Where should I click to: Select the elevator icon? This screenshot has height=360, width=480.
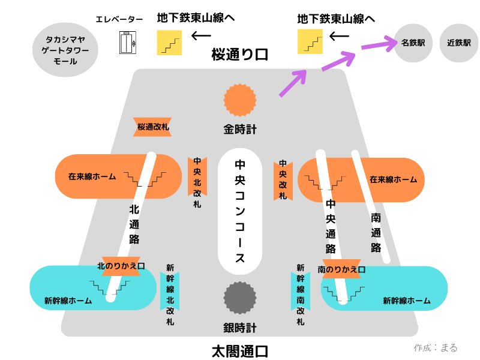[127, 43]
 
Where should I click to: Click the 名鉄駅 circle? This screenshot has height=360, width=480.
[413, 43]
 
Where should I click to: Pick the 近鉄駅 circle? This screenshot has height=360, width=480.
[459, 43]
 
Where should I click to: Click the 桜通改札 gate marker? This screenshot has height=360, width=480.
[153, 127]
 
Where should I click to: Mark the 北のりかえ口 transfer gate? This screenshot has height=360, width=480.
[121, 266]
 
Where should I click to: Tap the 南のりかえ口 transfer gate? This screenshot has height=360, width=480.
[342, 270]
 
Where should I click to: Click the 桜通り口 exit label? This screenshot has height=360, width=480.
[240, 55]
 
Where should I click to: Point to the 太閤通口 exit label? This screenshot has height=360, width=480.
[240, 351]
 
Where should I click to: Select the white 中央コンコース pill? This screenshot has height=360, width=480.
[240, 210]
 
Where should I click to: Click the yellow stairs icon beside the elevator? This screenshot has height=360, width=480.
[169, 43]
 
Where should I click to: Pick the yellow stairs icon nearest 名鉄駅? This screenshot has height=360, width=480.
[310, 41]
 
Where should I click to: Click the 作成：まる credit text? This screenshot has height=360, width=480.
[436, 347]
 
